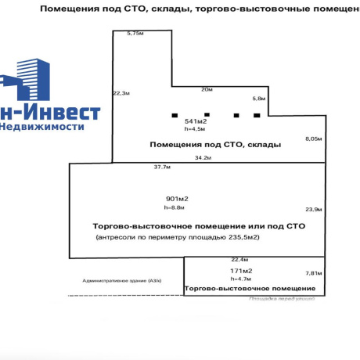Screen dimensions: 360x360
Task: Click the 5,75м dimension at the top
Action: coord(135,34)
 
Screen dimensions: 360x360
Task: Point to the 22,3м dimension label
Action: coord(121,92)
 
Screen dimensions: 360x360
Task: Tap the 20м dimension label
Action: coord(207,89)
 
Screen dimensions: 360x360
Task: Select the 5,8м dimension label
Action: coord(259,99)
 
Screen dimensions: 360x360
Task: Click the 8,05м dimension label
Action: coord(313,138)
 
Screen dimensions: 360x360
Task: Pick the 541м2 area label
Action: coord(195,122)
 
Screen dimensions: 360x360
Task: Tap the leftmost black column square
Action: coord(175,116)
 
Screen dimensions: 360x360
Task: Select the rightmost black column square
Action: coord(257,116)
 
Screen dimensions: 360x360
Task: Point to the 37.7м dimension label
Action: coord(162,167)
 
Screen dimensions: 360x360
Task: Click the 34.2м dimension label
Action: coord(203,157)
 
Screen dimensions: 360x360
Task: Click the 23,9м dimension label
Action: coord(313,209)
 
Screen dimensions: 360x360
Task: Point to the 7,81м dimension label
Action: coord(312,273)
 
